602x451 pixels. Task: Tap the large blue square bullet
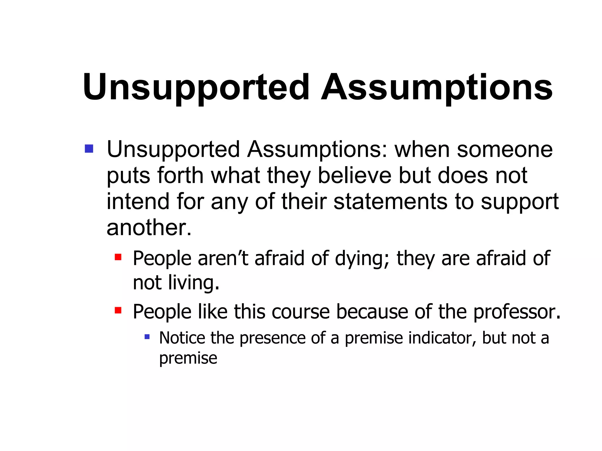pos(89,149)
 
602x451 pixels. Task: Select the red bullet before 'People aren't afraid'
pos(118,257)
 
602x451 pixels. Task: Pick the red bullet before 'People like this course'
pos(118,310)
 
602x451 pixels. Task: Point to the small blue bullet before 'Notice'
pos(147,336)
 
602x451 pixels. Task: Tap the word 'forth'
pos(180,175)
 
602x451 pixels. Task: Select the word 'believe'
pos(355,175)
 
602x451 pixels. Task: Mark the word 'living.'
pos(194,283)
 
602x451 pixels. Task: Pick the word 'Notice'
pos(182,338)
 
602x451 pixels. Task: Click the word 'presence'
pos(272,338)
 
